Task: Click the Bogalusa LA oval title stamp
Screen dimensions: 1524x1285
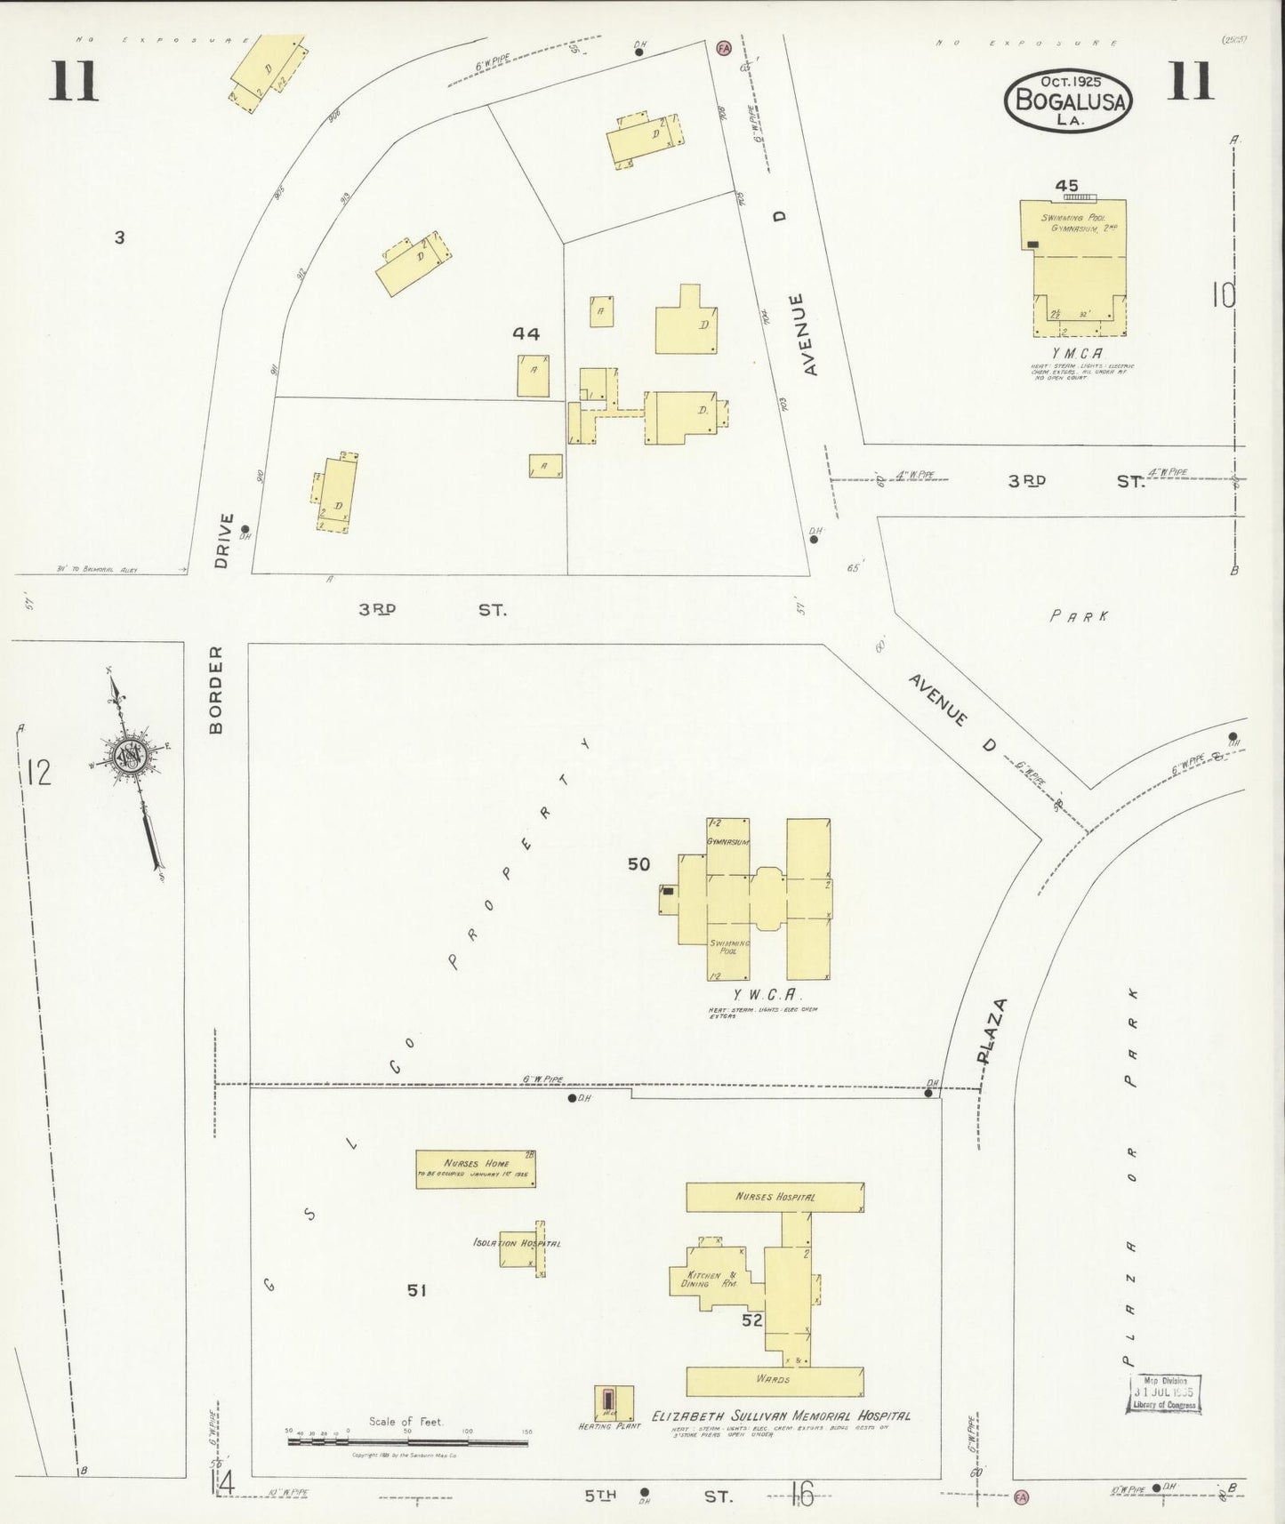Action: (x=1068, y=100)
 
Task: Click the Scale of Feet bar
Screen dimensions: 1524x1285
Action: (x=407, y=1441)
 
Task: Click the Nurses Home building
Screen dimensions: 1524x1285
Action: (x=476, y=1168)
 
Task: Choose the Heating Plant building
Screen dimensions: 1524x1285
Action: (x=614, y=1402)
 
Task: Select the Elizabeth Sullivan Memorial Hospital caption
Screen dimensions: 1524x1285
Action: (x=781, y=1416)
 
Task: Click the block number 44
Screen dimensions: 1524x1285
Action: (x=526, y=333)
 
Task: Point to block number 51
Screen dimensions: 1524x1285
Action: (x=417, y=1289)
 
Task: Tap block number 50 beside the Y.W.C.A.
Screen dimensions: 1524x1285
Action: (x=638, y=863)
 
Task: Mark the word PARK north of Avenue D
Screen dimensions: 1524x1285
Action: (x=1079, y=615)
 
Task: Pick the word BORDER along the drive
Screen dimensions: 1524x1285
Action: (x=216, y=689)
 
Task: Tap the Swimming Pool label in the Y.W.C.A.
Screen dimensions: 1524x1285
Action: (x=729, y=945)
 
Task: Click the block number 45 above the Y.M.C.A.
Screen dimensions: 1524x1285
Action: (x=1066, y=186)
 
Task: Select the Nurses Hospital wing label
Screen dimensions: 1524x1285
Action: (x=775, y=1197)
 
